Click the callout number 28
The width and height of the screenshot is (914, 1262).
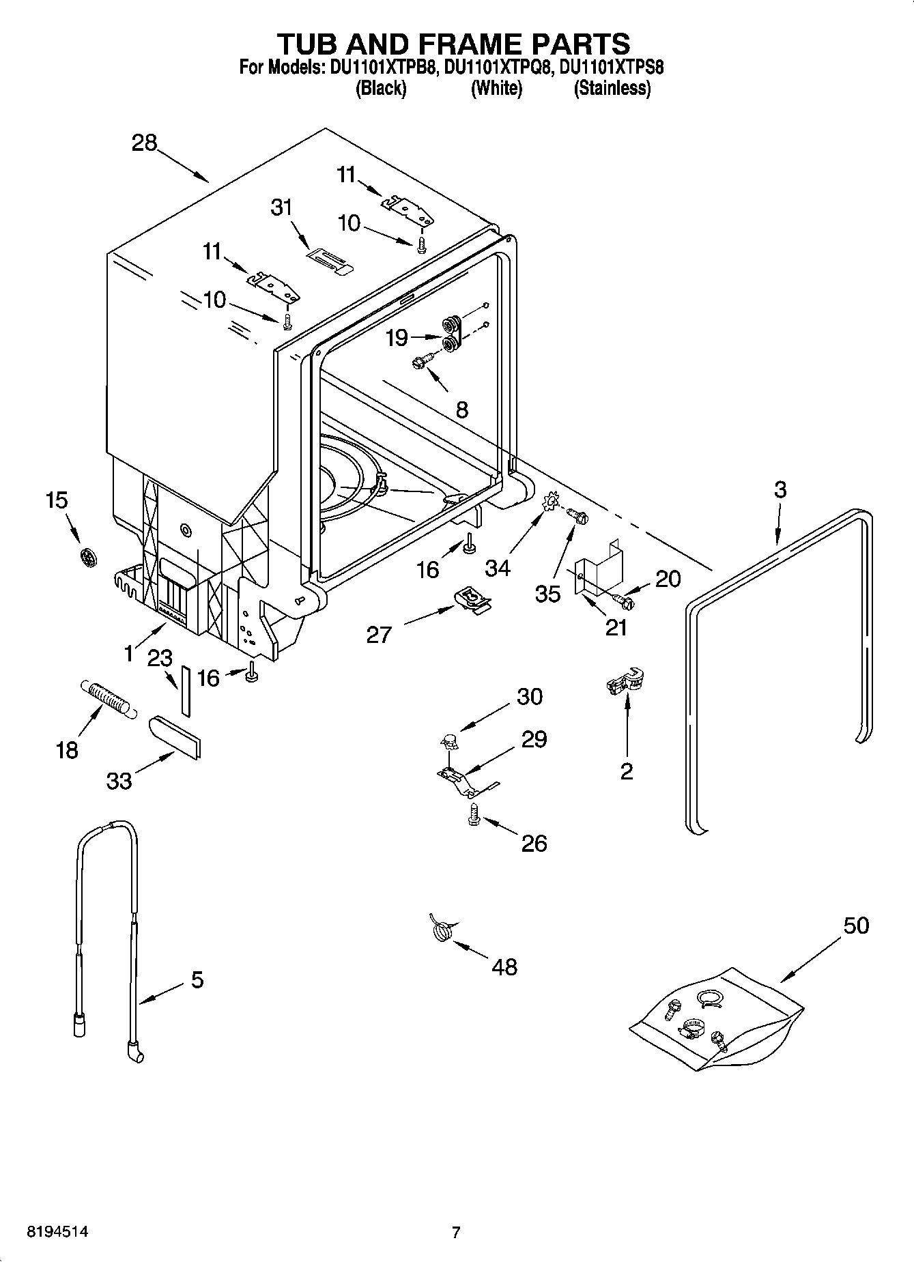pos(145,143)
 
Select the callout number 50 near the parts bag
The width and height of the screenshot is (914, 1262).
pos(856,926)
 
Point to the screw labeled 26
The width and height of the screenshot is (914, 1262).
pos(472,814)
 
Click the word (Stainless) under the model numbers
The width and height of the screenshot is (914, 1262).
pos(612,88)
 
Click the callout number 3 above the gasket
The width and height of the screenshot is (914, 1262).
pos(780,489)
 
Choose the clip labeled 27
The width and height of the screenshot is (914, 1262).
pos(472,600)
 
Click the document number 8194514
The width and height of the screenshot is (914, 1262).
pos(57,1232)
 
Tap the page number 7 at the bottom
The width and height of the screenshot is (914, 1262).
pos(456,1232)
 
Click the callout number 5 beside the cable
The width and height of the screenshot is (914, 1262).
pos(197,980)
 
